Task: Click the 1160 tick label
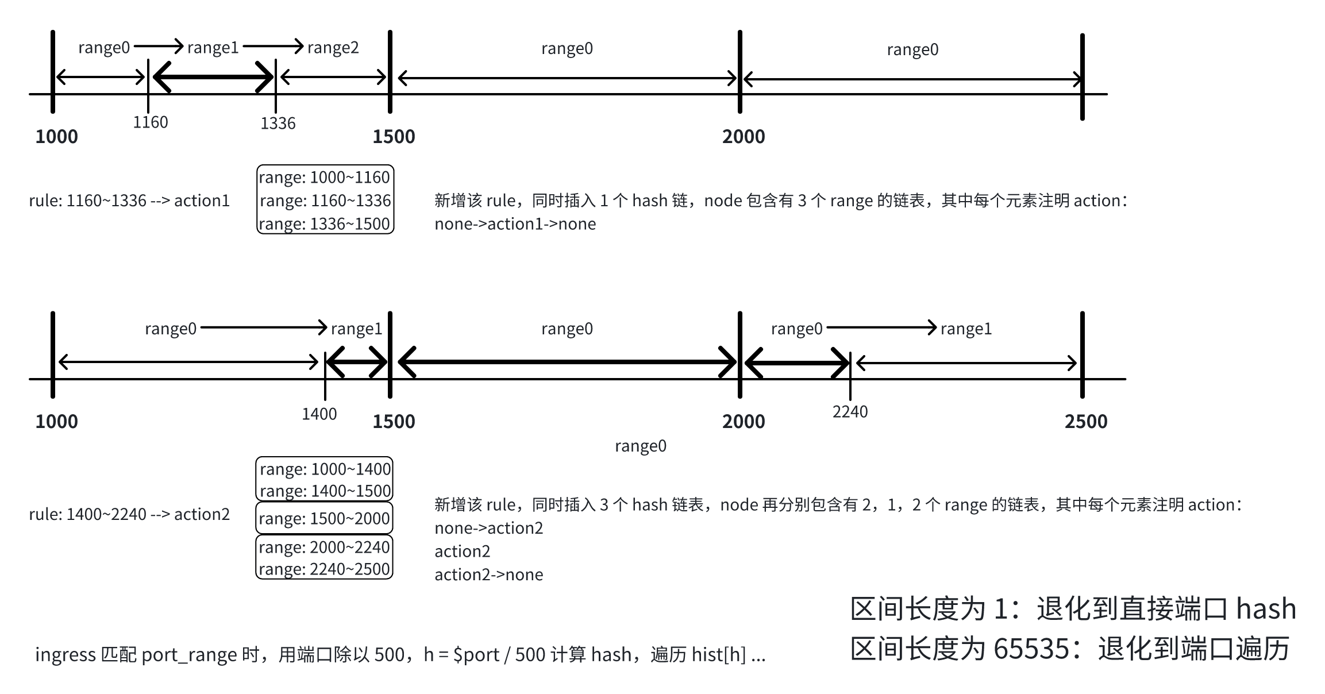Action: (151, 122)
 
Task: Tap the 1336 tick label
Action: (278, 124)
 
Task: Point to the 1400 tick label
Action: (319, 414)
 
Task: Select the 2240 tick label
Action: (850, 412)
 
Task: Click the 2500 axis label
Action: (1085, 422)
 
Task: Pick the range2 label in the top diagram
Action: (333, 48)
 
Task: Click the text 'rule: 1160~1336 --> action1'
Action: (129, 201)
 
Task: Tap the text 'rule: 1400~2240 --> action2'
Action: (129, 514)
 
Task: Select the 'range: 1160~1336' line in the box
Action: (325, 201)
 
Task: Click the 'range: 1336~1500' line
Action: (325, 224)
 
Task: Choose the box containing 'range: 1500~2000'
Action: (325, 519)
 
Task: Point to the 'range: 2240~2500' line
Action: (325, 569)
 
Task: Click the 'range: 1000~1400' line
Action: (325, 469)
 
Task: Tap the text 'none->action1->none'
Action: (515, 224)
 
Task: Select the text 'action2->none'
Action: (488, 575)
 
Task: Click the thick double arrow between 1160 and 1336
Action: (213, 77)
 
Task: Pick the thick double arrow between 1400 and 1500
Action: (357, 362)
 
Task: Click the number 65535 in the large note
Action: (1031, 649)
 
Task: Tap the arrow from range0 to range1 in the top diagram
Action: (159, 46)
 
